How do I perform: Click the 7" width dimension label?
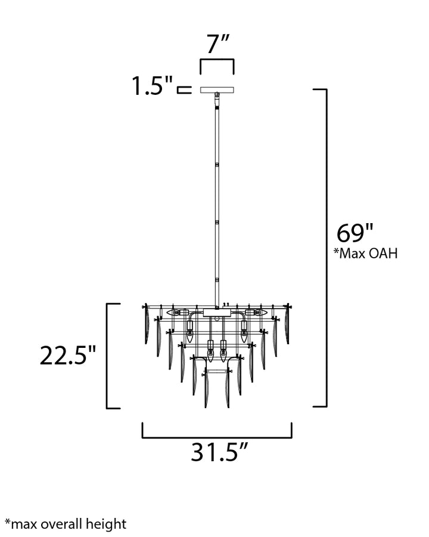[x=217, y=44]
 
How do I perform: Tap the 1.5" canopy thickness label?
[x=153, y=85]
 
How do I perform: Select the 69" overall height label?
[x=355, y=233]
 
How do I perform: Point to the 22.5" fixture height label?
[x=68, y=355]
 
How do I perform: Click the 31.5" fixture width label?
[x=219, y=452]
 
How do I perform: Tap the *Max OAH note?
[x=366, y=254]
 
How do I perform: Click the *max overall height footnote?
[x=66, y=524]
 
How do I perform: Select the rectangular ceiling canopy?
[x=217, y=89]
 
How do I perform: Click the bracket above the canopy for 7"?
[x=217, y=60]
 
